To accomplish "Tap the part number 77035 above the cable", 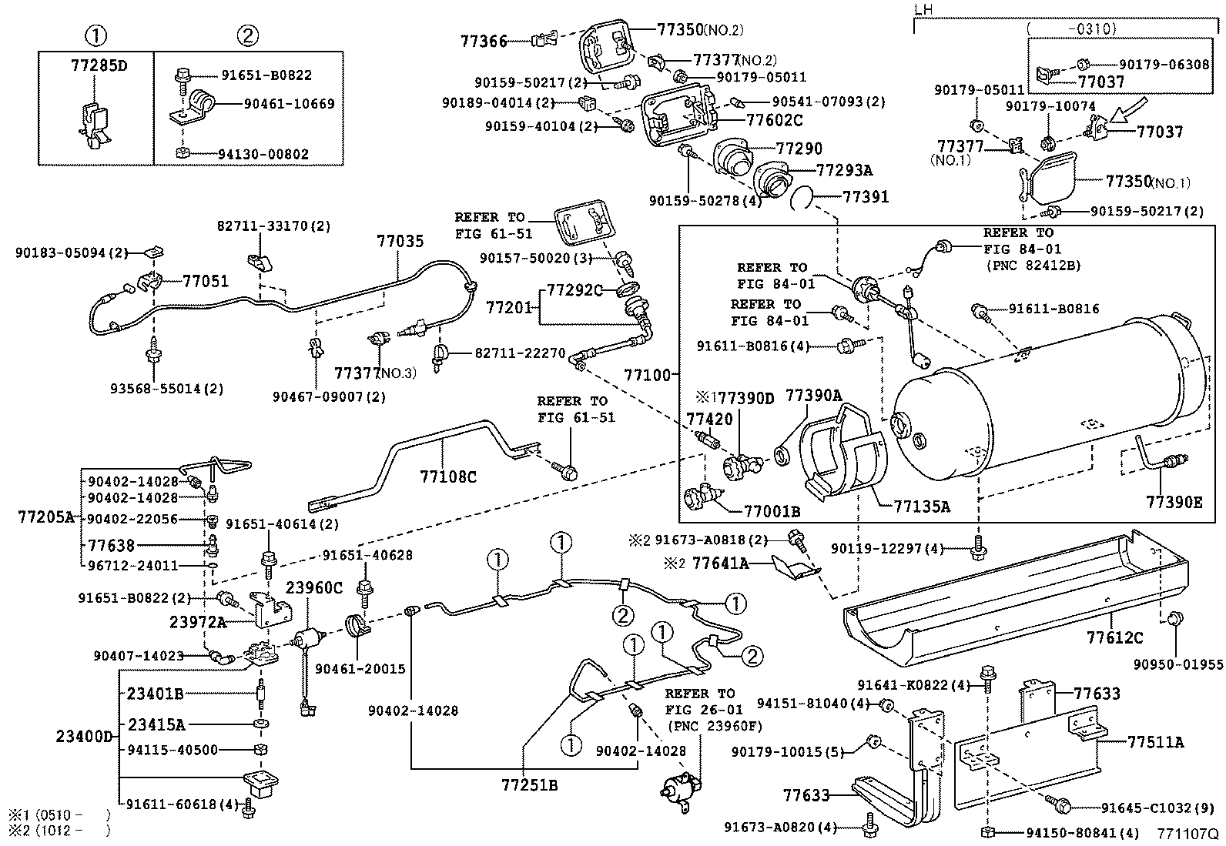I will (400, 241).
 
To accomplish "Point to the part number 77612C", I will (1114, 637).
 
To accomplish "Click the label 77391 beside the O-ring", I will (866, 197).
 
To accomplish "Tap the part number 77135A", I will (922, 507).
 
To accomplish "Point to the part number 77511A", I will (1155, 743).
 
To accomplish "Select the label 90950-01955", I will (1177, 664).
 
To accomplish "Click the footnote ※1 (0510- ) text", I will (59, 814).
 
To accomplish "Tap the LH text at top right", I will (923, 10).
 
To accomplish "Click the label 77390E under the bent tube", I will (1174, 502).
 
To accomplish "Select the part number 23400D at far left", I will (83, 737).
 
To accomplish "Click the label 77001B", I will (772, 511).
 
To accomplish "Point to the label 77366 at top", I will (484, 42).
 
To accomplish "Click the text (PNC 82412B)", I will (1032, 266).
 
